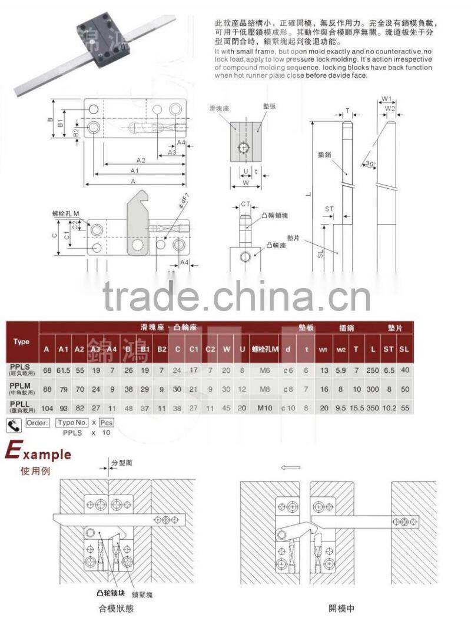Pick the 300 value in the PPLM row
(372, 389)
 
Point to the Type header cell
(21, 342)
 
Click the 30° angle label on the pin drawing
(370, 163)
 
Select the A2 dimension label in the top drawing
(141, 160)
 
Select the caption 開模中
(342, 608)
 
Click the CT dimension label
(247, 204)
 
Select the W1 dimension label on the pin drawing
(387, 98)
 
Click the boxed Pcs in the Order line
(106, 422)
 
